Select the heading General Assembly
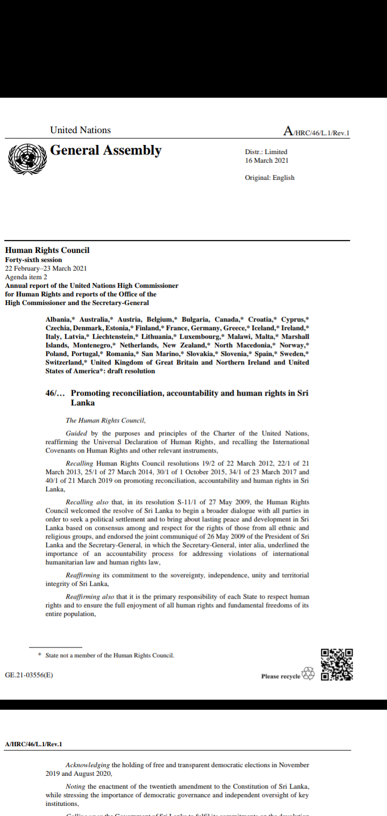(x=105, y=150)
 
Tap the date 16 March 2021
(x=267, y=161)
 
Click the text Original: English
(x=269, y=178)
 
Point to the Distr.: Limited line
(x=266, y=152)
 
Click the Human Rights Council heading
(x=47, y=250)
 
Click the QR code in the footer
(x=337, y=665)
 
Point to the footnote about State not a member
(x=109, y=655)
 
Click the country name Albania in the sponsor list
(x=59, y=319)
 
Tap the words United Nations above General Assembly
(x=80, y=130)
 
